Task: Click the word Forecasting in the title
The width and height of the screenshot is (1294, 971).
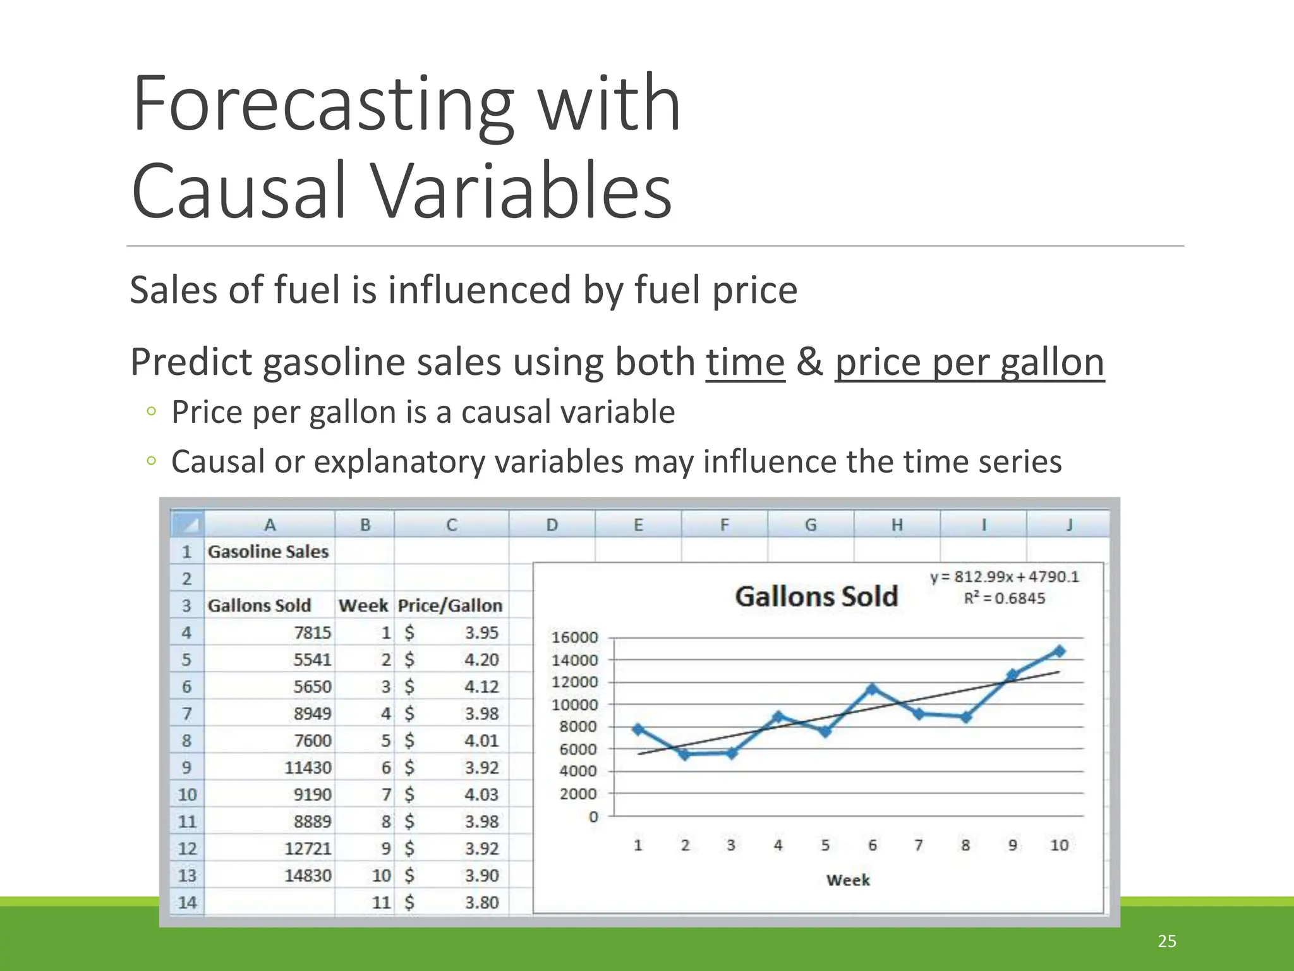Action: [x=322, y=104]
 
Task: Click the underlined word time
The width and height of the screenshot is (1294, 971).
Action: [x=745, y=362]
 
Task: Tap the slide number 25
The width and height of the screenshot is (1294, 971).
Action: [x=1167, y=941]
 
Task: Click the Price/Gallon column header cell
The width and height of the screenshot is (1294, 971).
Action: [x=450, y=606]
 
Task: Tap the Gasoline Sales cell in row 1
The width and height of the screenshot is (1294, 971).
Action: [x=269, y=552]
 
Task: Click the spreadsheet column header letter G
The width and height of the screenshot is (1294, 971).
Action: [x=811, y=525]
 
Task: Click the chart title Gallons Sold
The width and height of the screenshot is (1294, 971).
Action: [x=816, y=597]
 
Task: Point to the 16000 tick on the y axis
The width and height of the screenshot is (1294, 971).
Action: [x=574, y=637]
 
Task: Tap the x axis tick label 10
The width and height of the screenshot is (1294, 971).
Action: [x=1059, y=845]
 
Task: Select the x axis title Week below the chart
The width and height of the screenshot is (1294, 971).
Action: [x=848, y=880]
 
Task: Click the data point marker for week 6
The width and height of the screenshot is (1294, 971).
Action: [x=873, y=688]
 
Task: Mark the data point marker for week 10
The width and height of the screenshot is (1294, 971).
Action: [x=1060, y=651]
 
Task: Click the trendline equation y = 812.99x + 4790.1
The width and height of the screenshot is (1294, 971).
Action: [x=1005, y=577]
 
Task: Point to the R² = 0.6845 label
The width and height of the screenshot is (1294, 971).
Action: [x=1005, y=598]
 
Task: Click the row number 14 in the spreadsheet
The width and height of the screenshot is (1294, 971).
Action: [x=187, y=903]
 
